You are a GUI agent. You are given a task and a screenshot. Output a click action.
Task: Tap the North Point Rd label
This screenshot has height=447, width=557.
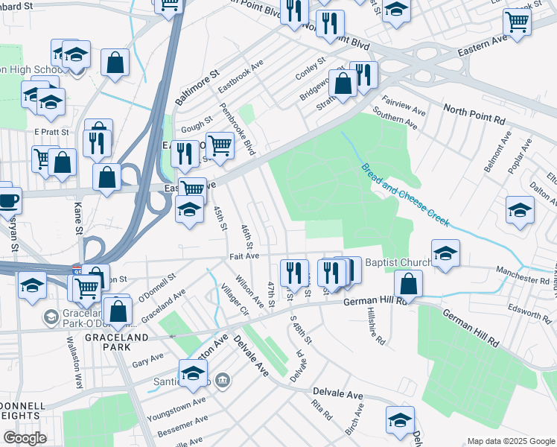pyautogui.click(x=474, y=114)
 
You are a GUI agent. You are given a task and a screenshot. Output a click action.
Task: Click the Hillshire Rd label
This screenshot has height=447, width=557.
pyautogui.click(x=376, y=329)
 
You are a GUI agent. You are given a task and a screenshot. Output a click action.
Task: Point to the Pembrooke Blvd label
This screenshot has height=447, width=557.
pyautogui.click(x=238, y=129)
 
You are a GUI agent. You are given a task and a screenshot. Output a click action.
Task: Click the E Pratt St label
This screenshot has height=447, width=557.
pyautogui.click(x=51, y=132)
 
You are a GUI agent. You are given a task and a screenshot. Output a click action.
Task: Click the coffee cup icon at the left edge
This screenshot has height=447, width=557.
pyautogui.click(x=8, y=200)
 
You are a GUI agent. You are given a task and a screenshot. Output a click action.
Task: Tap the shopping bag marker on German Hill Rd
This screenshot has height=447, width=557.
pyautogui.click(x=408, y=284)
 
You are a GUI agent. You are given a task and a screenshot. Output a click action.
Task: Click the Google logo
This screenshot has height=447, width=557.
pyautogui.click(x=25, y=438)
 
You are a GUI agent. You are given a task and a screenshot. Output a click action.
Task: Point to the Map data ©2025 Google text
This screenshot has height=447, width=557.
pyautogui.click(x=510, y=440)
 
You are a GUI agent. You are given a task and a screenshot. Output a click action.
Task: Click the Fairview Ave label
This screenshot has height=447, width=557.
pyautogui.click(x=403, y=105)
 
